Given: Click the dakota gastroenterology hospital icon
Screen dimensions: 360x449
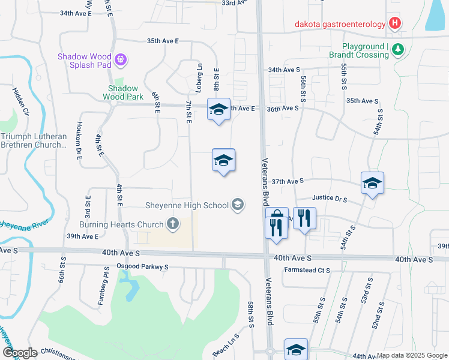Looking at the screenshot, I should coord(394,24).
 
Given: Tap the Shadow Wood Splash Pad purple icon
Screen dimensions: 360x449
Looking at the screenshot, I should coord(121,59).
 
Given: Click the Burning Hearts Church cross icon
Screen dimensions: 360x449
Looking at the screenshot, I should coord(173,224).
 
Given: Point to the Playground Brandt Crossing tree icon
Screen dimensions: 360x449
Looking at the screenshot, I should coord(397,50).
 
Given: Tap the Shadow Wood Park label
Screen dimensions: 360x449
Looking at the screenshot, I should coord(123,92).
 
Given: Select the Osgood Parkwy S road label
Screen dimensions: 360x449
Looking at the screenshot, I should coord(143,266).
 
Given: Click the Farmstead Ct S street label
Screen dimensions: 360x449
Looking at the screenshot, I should coord(307,271).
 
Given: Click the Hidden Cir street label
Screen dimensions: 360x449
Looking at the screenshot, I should coord(21,101).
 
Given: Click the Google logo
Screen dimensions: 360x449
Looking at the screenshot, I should coord(20,352).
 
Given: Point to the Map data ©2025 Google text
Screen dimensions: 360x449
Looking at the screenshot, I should coord(412,355).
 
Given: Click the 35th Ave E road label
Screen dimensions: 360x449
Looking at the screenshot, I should coord(163,41).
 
